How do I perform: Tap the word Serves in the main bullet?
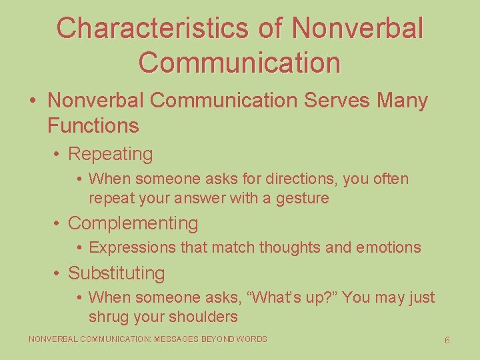point(337,101)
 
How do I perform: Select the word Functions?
point(93,125)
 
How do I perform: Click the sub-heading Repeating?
point(110,154)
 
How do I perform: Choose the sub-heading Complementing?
point(133,223)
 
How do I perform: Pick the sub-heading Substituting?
point(116,273)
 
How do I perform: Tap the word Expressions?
point(133,247)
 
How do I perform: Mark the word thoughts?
point(291,247)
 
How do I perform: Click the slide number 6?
point(447,340)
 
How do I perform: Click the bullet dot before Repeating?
point(58,155)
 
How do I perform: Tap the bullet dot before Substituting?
point(58,274)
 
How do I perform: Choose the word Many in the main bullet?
point(402,101)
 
